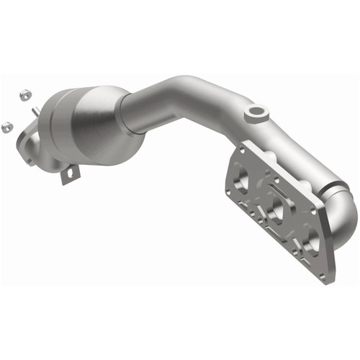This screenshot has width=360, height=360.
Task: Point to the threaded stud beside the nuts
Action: coord(35,109)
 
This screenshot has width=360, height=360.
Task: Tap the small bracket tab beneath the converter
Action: coord(70,174)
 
